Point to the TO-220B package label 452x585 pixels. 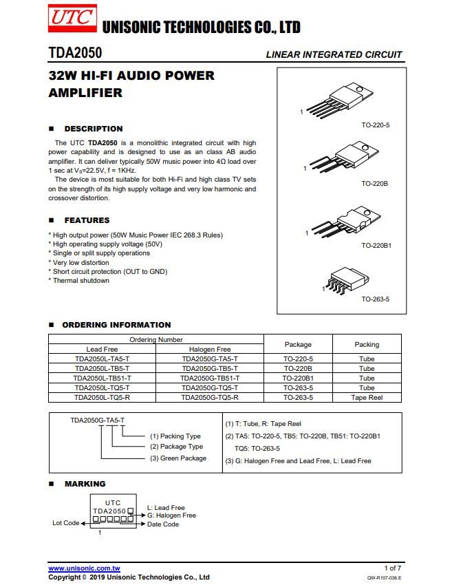pyautogui.click(x=375, y=184)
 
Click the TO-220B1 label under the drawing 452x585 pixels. pyautogui.click(x=376, y=244)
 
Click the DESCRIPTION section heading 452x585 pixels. pyautogui.click(x=93, y=129)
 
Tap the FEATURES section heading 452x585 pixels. pyautogui.click(x=87, y=220)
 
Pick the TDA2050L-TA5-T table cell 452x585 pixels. pyautogui.click(x=103, y=359)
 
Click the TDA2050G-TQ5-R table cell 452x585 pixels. pyautogui.click(x=210, y=397)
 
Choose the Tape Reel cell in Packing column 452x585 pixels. pyautogui.click(x=367, y=397)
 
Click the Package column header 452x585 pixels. pyautogui.click(x=298, y=344)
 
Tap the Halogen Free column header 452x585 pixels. pyautogui.click(x=210, y=349)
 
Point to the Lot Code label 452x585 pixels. pyautogui.click(x=66, y=523)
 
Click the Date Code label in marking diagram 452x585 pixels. pyautogui.click(x=163, y=524)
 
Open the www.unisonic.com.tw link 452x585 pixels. pyautogui.click(x=84, y=568)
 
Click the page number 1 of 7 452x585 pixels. pyautogui.click(x=393, y=568)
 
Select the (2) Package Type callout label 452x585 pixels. pyautogui.click(x=177, y=447)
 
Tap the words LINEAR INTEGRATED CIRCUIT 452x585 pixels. pyautogui.click(x=334, y=54)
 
